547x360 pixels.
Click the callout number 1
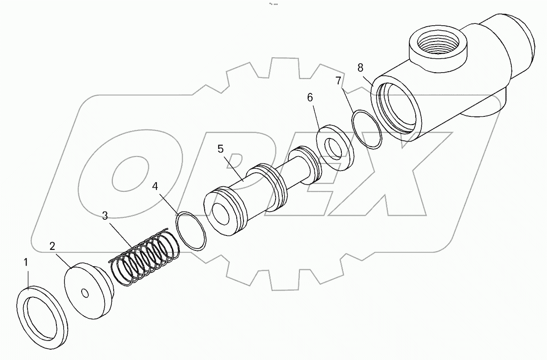click(x=26, y=263)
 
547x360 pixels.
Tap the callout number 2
click(x=53, y=246)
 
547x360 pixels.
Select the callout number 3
click(x=105, y=216)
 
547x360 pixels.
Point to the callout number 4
click(x=155, y=186)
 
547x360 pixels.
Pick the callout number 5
click(x=220, y=149)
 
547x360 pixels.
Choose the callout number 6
click(x=310, y=97)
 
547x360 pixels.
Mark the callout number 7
click(x=339, y=81)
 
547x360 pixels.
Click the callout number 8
click(x=360, y=68)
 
